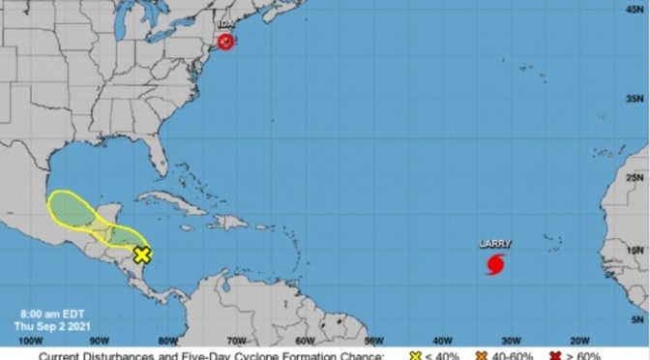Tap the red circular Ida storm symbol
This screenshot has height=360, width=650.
(x=225, y=42)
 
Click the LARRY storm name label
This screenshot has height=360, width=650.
(x=496, y=244)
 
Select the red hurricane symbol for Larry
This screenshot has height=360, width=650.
(x=495, y=263)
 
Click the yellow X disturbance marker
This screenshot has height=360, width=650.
(x=142, y=255)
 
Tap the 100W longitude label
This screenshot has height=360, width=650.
(x=31, y=340)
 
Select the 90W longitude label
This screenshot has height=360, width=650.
(x=98, y=340)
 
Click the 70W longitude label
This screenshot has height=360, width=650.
(x=235, y=340)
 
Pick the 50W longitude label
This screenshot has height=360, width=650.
(x=373, y=340)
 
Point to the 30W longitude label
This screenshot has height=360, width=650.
(x=511, y=340)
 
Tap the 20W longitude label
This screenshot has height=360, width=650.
(x=579, y=340)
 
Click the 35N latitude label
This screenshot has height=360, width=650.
(x=635, y=99)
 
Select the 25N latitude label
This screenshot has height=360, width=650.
(x=635, y=177)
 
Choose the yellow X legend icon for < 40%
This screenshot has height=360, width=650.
(x=416, y=355)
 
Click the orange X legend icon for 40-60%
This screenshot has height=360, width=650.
(x=481, y=355)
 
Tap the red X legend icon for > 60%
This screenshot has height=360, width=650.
(x=558, y=355)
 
